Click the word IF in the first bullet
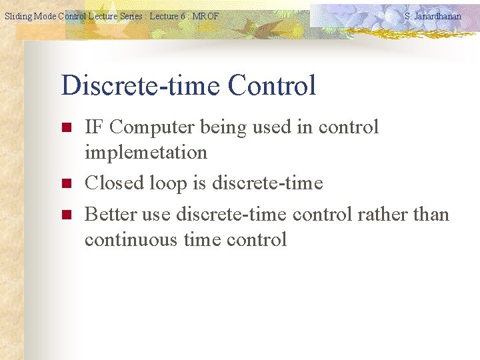(x=94, y=127)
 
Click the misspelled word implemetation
(x=146, y=153)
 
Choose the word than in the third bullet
(x=431, y=214)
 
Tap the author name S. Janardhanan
(x=433, y=15)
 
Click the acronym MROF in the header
(x=205, y=15)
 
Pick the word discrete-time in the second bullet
(x=267, y=183)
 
